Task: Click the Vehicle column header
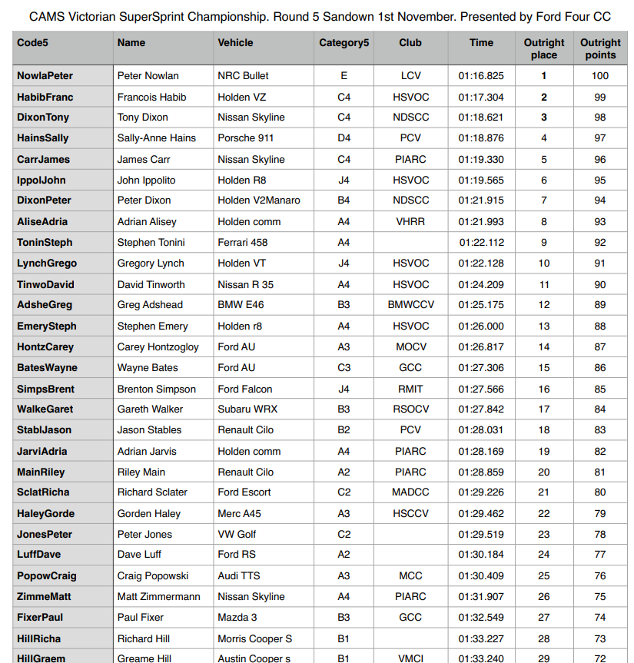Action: point(235,43)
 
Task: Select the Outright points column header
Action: point(600,48)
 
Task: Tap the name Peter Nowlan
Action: point(148,75)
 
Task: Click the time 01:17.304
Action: point(481,97)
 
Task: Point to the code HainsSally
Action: point(42,138)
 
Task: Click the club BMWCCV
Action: point(410,305)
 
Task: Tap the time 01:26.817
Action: point(481,347)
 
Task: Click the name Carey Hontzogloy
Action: point(158,347)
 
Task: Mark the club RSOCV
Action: point(410,409)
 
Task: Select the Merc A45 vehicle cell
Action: point(240,514)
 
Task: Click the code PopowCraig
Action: point(46,576)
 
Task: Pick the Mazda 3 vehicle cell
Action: point(237,618)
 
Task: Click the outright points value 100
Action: point(600,75)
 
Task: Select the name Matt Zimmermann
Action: point(158,597)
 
